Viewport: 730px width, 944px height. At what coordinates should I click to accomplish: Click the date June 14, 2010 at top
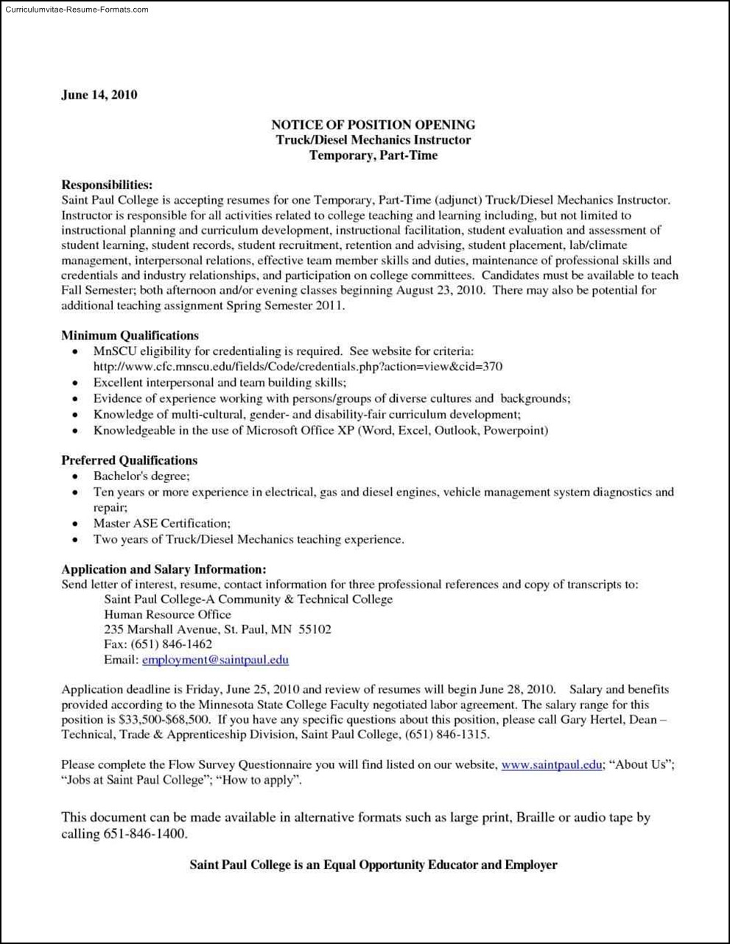tap(99, 95)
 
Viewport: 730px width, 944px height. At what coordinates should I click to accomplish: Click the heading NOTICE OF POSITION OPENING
tap(373, 124)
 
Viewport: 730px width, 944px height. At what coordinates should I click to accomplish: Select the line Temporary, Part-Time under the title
tap(373, 155)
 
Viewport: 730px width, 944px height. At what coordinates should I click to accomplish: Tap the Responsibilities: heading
tap(107, 184)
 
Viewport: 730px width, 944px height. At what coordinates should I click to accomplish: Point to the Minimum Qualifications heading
tap(130, 336)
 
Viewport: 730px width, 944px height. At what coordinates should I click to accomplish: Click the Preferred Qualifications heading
tap(129, 461)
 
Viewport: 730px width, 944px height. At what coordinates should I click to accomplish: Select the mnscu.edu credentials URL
tap(298, 367)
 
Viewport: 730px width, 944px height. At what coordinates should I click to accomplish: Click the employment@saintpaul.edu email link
tap(215, 660)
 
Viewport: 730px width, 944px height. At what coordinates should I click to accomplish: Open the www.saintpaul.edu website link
tap(551, 764)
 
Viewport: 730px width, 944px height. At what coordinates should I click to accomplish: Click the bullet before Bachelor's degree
tap(75, 477)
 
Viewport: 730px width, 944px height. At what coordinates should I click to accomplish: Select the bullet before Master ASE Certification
tap(75, 524)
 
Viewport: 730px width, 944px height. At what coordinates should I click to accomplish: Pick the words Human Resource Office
tap(167, 614)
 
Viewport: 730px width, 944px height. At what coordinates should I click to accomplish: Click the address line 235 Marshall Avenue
tap(217, 630)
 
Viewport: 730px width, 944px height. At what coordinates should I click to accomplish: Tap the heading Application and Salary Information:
tap(164, 569)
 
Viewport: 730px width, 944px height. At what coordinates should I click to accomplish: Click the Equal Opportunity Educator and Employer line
tap(373, 864)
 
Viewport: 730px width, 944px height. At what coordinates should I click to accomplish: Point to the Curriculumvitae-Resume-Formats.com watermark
tap(75, 10)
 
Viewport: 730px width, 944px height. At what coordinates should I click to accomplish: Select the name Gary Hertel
tap(592, 719)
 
